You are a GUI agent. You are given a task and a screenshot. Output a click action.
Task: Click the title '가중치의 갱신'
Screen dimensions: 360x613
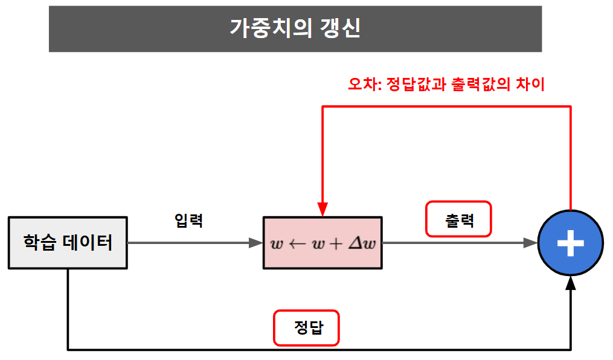pos(295,28)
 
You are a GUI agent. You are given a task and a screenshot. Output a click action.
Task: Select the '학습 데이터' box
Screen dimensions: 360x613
pos(68,243)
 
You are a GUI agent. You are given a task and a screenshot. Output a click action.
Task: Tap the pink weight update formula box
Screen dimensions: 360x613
pos(323,243)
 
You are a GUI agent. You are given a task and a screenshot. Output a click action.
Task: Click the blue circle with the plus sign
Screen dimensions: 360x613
pos(571,243)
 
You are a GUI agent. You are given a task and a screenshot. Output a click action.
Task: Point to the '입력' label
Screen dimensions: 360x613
pos(189,220)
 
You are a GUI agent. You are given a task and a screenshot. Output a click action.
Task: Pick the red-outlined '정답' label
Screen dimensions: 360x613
pos(307,328)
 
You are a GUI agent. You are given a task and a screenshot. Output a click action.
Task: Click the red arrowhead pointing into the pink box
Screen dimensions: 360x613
pos(323,209)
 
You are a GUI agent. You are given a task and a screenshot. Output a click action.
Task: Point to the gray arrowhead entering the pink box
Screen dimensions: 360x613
pos(256,243)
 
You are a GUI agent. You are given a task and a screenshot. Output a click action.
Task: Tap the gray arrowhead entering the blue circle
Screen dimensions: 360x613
pos(531,243)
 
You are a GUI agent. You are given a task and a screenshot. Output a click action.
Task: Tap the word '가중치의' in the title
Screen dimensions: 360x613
pos(265,28)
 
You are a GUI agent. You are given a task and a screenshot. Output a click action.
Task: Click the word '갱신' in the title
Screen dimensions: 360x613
pos(341,28)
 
